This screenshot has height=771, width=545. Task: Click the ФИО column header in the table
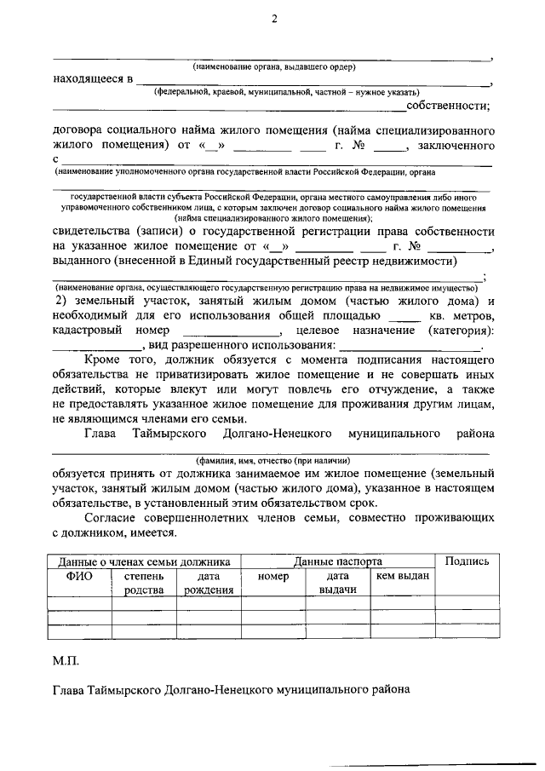pos(80,577)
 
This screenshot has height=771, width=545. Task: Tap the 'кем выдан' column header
pos(402,577)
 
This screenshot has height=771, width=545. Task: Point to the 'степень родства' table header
pos(144,584)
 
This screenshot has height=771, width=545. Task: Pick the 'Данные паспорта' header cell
pos(337,561)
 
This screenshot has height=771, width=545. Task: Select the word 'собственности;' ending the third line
pos(449,106)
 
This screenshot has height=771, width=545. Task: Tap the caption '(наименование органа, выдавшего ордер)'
pos(273,66)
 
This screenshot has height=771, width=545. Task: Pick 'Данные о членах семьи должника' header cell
pos(144,561)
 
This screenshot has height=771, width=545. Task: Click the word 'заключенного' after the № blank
pos(456,146)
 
